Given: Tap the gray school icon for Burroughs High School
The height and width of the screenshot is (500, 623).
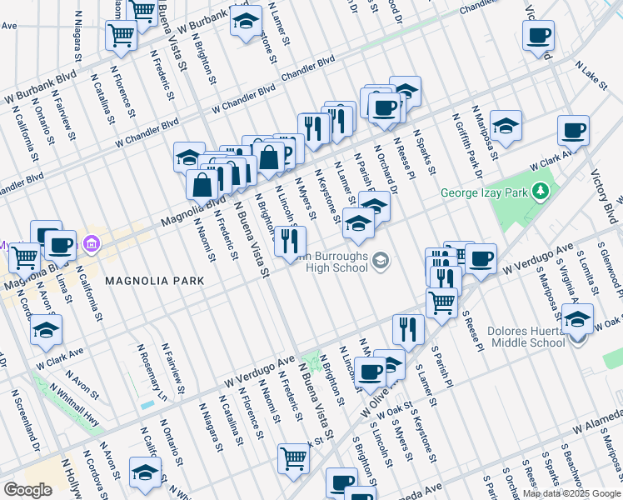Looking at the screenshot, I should tap(381, 262).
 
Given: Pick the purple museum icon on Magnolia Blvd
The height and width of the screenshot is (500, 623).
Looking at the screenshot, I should tap(91, 244).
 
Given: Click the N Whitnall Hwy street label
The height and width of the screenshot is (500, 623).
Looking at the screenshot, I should tap(74, 403).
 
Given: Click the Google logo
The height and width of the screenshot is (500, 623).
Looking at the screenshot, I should tap(28, 489).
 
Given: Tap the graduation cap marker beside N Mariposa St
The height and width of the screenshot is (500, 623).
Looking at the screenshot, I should tap(505, 127).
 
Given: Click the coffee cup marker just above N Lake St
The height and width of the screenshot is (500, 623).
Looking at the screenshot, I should tap(539, 36).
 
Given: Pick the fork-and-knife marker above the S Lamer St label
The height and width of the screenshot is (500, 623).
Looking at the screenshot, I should tap(408, 330).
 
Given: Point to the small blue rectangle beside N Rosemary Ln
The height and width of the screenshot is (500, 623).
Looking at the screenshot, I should tap(147, 405).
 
